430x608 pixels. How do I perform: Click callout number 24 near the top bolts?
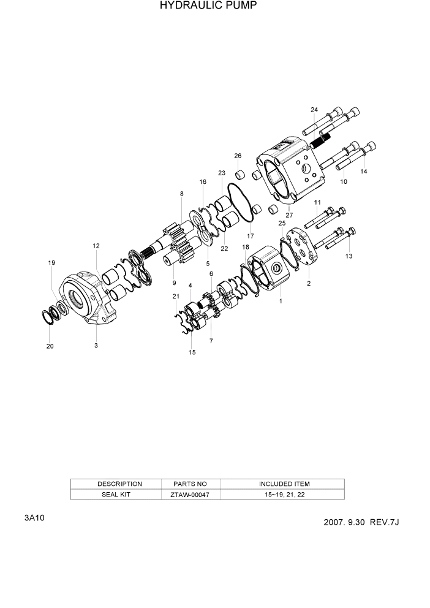coord(314,110)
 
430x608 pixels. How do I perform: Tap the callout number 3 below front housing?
coord(96,346)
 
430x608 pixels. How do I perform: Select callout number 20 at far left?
coord(50,346)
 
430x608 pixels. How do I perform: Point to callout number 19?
coord(52,262)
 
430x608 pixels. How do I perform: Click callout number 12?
coord(96,246)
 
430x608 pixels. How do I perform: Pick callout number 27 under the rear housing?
coord(289,215)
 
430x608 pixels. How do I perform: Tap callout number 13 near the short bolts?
coord(349,256)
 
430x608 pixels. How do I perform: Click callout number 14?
coord(364,172)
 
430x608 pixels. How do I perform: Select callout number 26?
coord(238,156)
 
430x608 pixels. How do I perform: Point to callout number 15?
coord(192,352)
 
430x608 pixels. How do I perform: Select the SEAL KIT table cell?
coord(116,495)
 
